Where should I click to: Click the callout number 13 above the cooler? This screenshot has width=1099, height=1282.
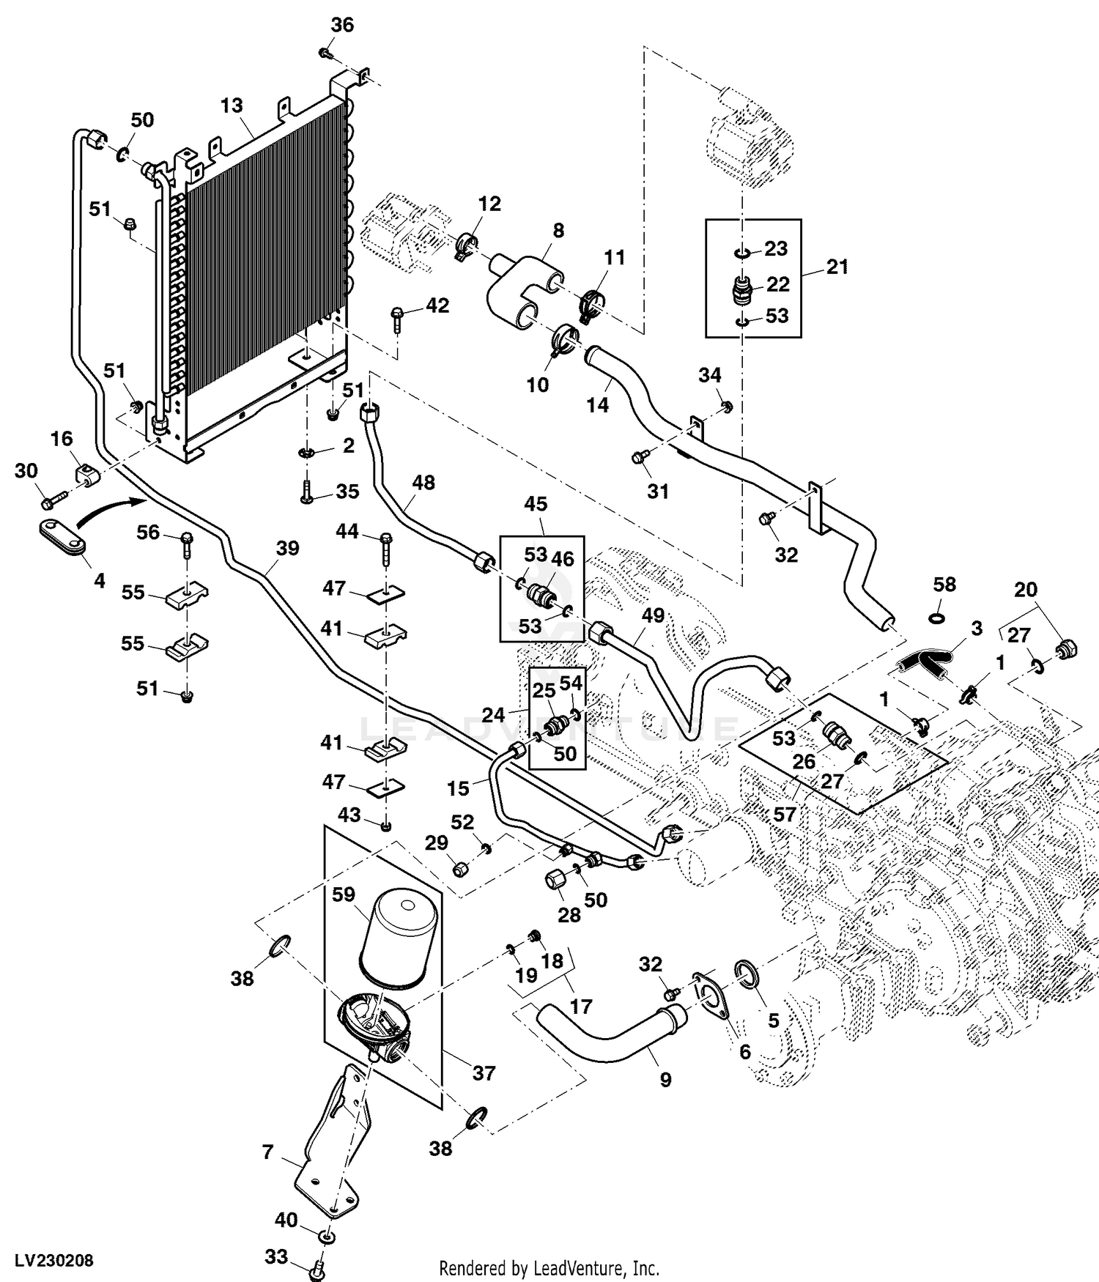click(232, 105)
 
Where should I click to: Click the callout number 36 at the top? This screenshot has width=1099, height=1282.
click(342, 25)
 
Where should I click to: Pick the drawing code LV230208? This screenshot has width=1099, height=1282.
click(48, 1260)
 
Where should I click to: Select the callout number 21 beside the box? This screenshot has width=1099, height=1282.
click(837, 267)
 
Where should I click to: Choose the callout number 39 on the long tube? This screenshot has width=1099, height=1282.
click(288, 548)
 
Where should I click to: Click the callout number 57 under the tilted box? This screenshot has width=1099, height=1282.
click(785, 815)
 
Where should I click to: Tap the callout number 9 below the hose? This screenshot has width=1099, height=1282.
click(665, 1080)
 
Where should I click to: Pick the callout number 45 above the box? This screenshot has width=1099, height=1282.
click(536, 504)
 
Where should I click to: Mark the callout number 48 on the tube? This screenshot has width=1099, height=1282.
click(423, 483)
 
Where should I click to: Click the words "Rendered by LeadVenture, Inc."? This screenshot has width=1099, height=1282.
click(549, 1267)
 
